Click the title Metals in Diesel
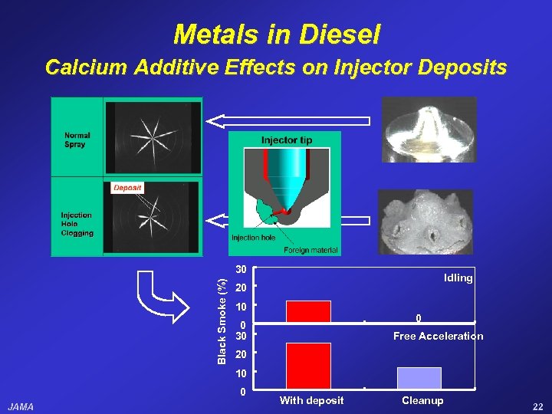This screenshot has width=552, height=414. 276,34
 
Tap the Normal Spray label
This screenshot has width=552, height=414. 77,140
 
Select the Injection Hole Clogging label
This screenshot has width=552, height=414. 77,224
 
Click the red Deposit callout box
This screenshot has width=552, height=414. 127,187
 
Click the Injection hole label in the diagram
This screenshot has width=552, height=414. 253,237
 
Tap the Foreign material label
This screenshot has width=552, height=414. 310,250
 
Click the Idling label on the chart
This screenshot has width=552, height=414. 458,278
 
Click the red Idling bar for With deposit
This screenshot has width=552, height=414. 308,311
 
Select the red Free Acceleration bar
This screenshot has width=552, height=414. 308,366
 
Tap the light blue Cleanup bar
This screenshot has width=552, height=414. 419,378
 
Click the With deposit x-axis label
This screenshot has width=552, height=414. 311,400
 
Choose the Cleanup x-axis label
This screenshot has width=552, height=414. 422,400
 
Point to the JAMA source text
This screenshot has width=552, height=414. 21,406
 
